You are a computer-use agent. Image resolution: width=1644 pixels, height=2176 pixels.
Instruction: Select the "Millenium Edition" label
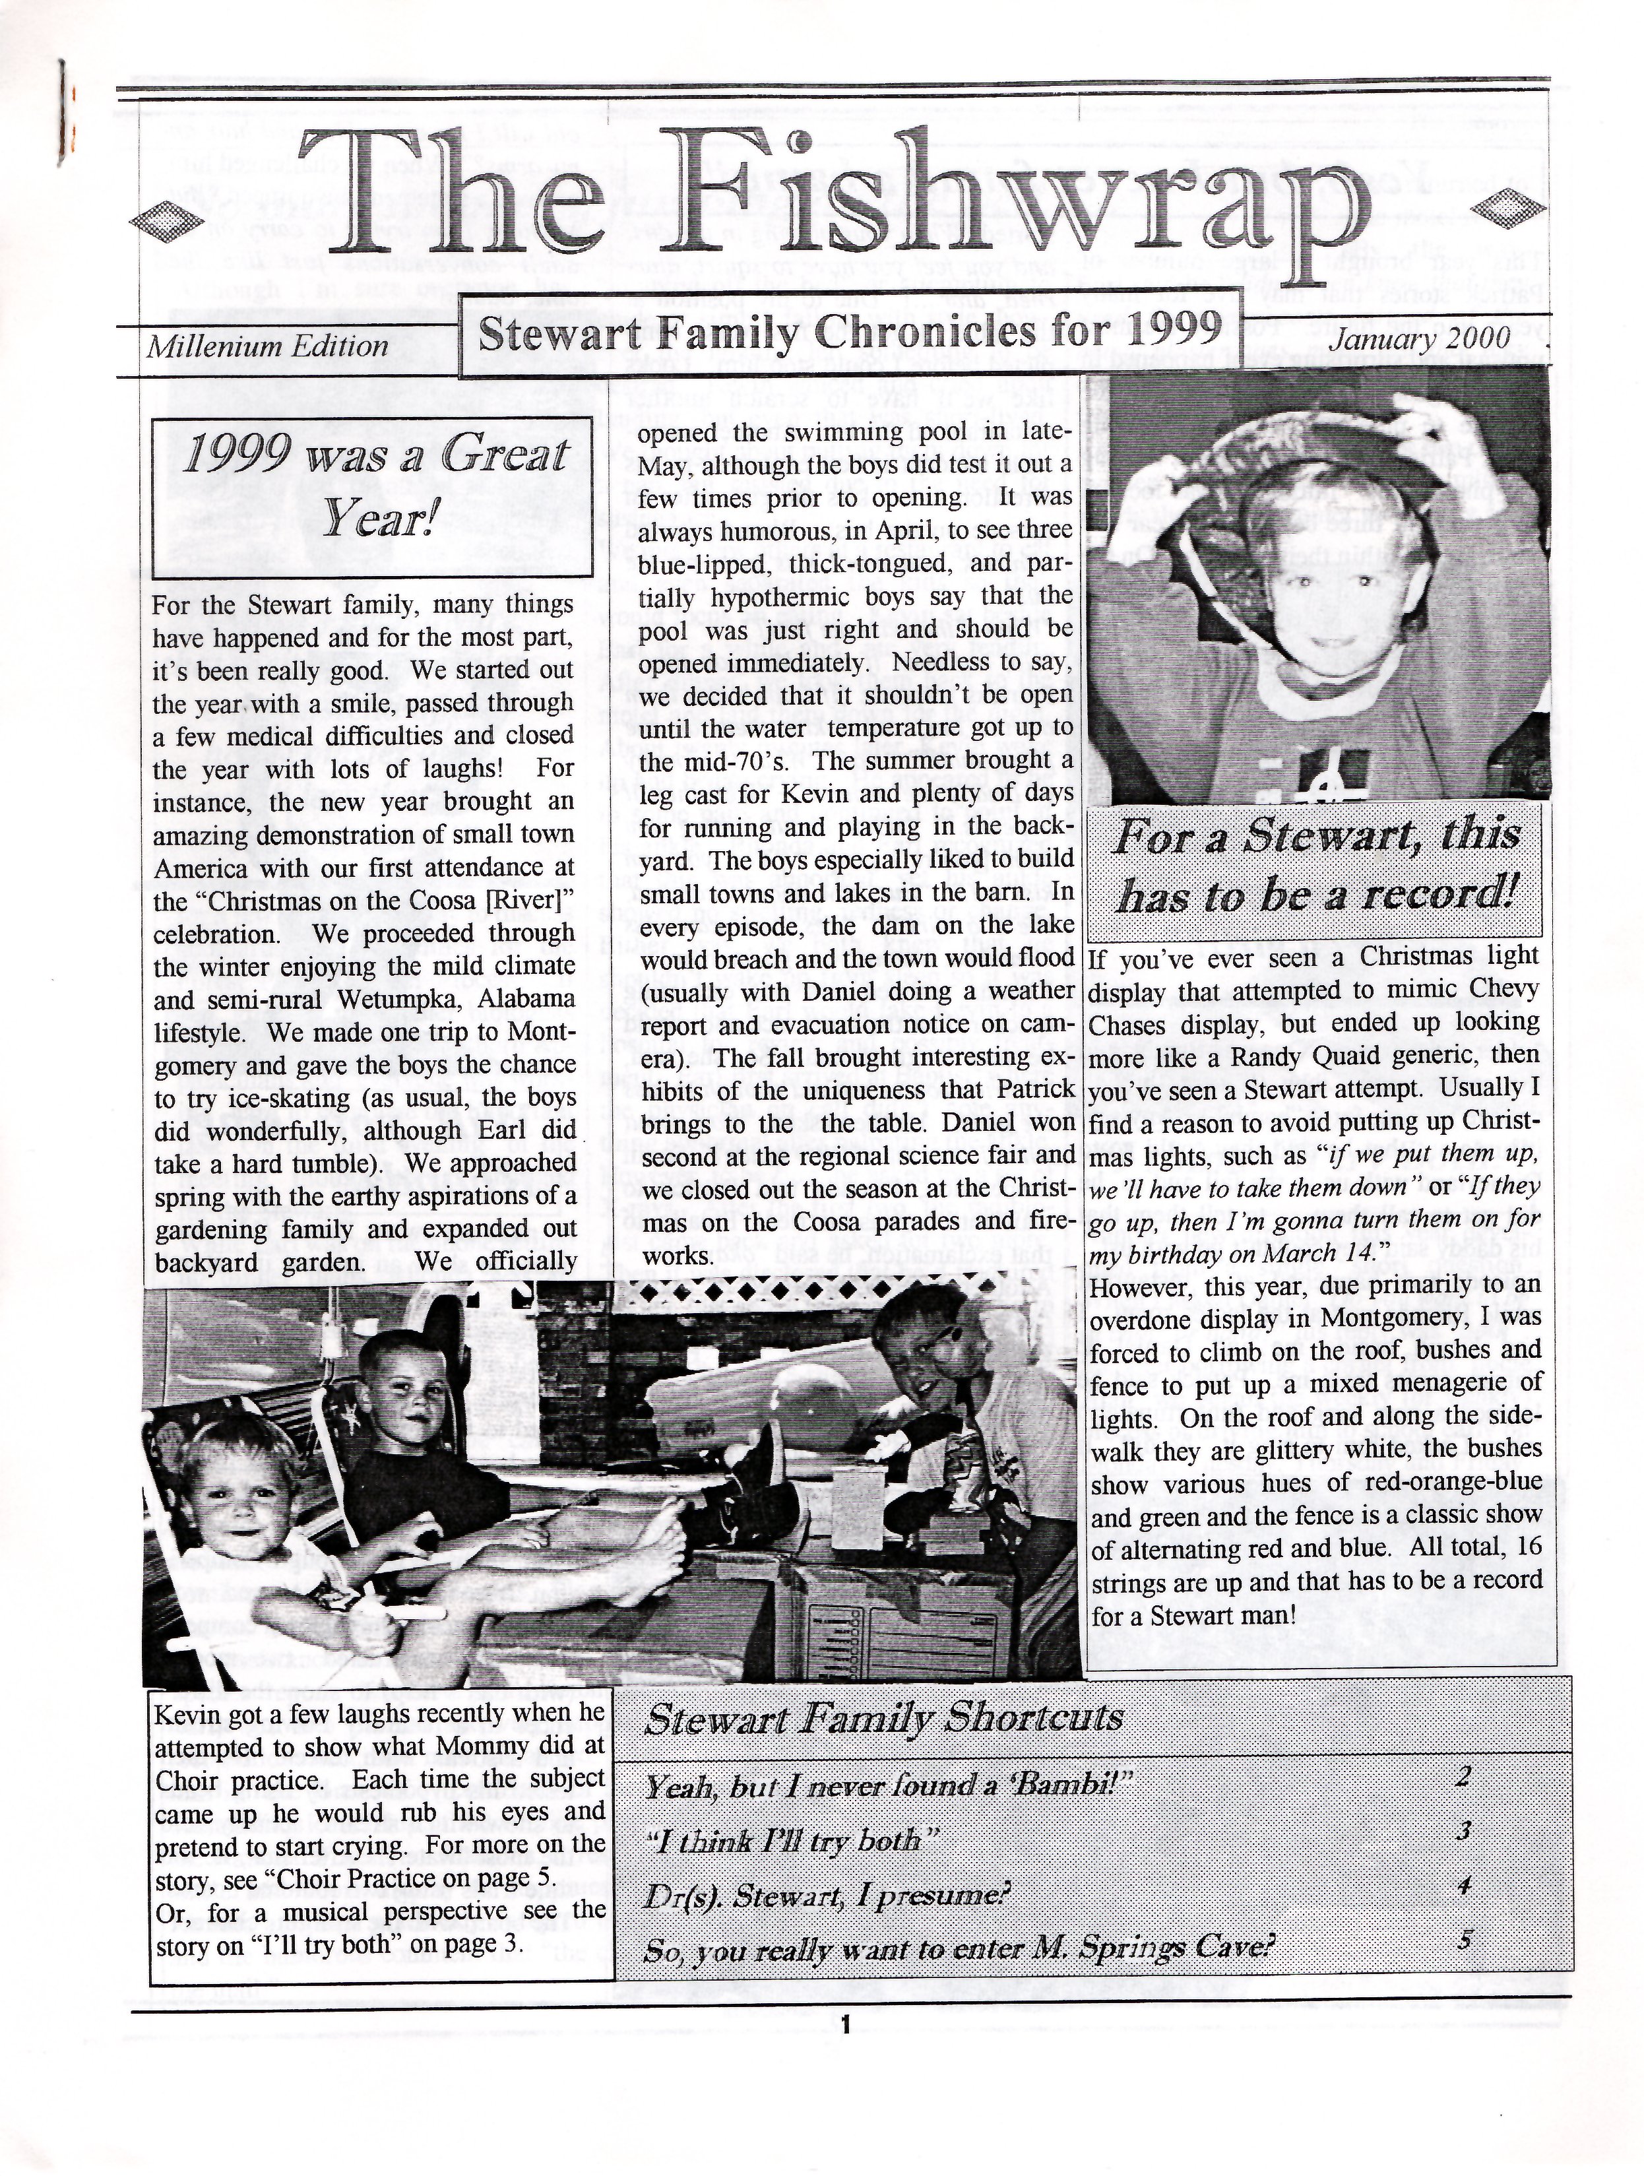click(x=268, y=346)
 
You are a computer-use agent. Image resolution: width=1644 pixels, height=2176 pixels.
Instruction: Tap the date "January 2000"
click(x=1420, y=338)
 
